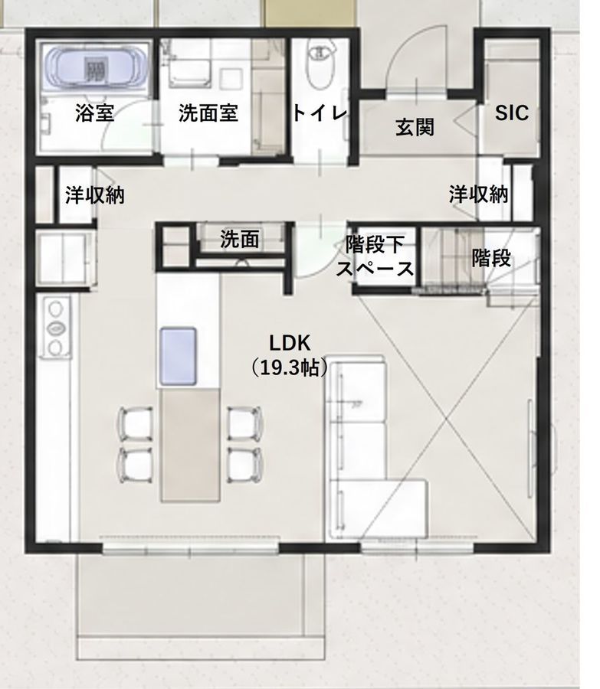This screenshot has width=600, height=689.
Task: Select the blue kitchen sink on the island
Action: click(178, 356)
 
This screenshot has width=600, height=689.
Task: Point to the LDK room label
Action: click(290, 343)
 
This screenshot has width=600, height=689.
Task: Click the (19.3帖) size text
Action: click(290, 367)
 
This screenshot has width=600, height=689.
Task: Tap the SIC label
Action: click(512, 113)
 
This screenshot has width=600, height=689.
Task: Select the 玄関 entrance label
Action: click(415, 127)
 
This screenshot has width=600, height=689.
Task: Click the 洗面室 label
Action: click(208, 113)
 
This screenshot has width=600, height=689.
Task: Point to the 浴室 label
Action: click(95, 113)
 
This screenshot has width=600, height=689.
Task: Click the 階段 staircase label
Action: click(491, 258)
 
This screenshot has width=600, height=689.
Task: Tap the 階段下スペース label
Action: click(375, 256)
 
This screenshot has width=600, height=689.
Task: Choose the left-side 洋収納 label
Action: click(95, 195)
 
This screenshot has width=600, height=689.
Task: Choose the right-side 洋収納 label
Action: click(479, 194)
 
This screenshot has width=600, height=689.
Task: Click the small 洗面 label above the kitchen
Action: click(240, 240)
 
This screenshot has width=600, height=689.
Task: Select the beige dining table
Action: click(190, 446)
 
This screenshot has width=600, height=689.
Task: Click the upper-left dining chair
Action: click(136, 423)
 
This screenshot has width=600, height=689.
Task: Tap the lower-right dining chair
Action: click(245, 465)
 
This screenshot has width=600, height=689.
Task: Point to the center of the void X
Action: click(447, 419)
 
